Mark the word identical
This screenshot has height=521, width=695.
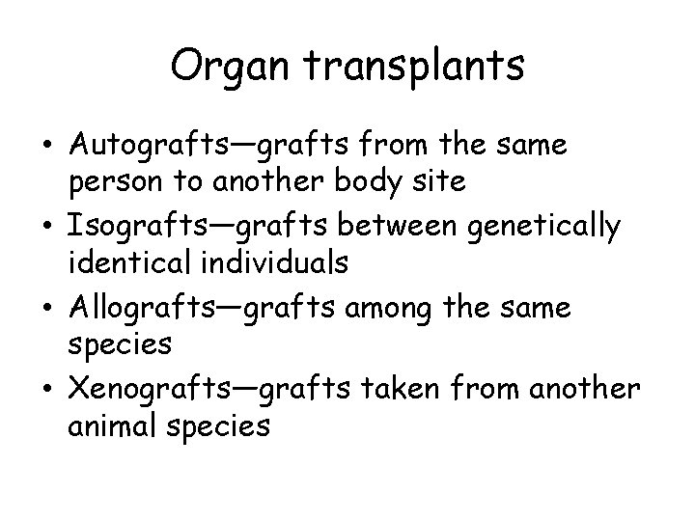[121, 261]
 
